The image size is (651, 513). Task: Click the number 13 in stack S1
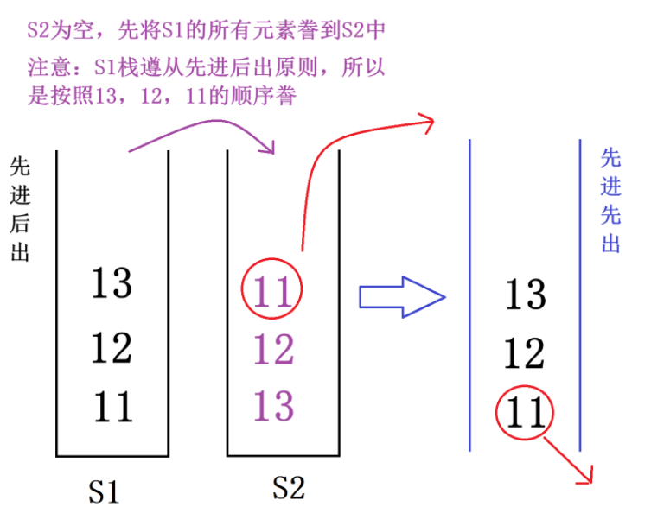[x=111, y=282]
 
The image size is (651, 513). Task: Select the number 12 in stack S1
[x=111, y=346]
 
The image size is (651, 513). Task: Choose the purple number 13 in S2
[x=273, y=404]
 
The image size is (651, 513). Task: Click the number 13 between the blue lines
[x=525, y=294]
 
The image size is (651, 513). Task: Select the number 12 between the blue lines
[x=525, y=353]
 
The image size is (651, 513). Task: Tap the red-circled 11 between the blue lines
[x=525, y=412]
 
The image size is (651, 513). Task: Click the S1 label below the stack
[x=103, y=491]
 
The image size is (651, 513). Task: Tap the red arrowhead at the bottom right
[x=590, y=475]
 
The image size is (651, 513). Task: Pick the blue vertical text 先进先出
[x=610, y=199]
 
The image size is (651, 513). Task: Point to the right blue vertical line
[x=579, y=294]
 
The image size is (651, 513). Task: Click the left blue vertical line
[x=469, y=294]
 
